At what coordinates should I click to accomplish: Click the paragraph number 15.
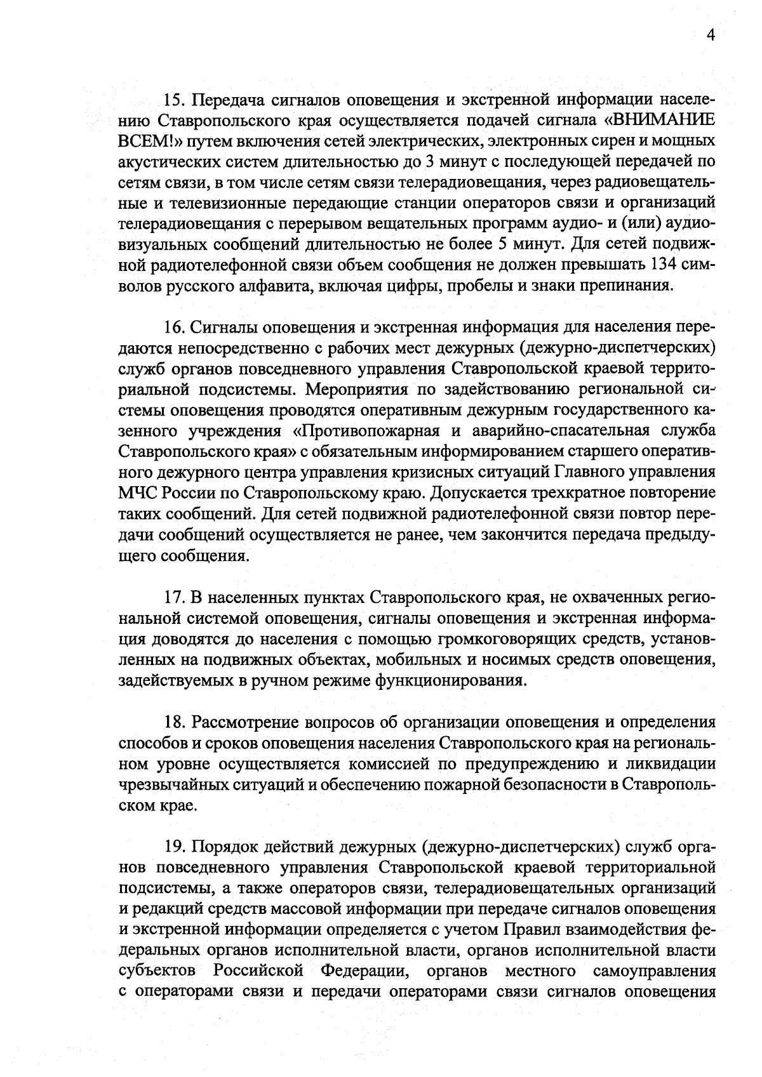pyautogui.click(x=173, y=100)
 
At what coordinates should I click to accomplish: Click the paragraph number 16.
pyautogui.click(x=173, y=327)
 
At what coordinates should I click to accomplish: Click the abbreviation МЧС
pyautogui.click(x=136, y=492)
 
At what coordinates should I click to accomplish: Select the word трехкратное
pyautogui.click(x=580, y=492)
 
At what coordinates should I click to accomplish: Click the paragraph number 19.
pyautogui.click(x=173, y=846)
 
